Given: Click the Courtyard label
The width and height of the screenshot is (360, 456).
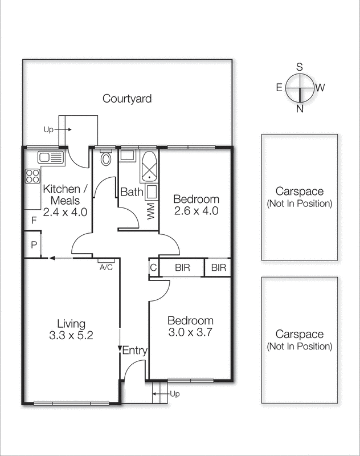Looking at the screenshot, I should click(127, 99).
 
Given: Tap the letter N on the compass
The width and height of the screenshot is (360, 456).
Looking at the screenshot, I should click(300, 109).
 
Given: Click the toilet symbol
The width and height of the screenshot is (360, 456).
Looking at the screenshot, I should click(105, 158).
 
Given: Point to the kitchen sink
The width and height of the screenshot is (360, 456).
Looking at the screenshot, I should click(51, 157).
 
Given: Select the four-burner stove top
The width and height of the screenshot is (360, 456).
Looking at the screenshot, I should click(32, 176).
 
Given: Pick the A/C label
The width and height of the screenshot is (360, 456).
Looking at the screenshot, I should click(105, 267).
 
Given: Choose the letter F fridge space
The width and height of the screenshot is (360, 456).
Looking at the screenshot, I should click(34, 219).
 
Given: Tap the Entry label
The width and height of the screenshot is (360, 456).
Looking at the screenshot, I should click(135, 351).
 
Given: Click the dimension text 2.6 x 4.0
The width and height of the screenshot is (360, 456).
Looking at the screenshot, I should click(196, 210).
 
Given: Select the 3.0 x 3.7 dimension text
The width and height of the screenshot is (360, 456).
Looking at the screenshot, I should click(190, 333).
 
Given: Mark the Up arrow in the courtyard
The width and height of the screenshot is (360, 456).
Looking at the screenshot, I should click(63, 129).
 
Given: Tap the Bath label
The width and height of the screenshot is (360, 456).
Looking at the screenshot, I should click(132, 192).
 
